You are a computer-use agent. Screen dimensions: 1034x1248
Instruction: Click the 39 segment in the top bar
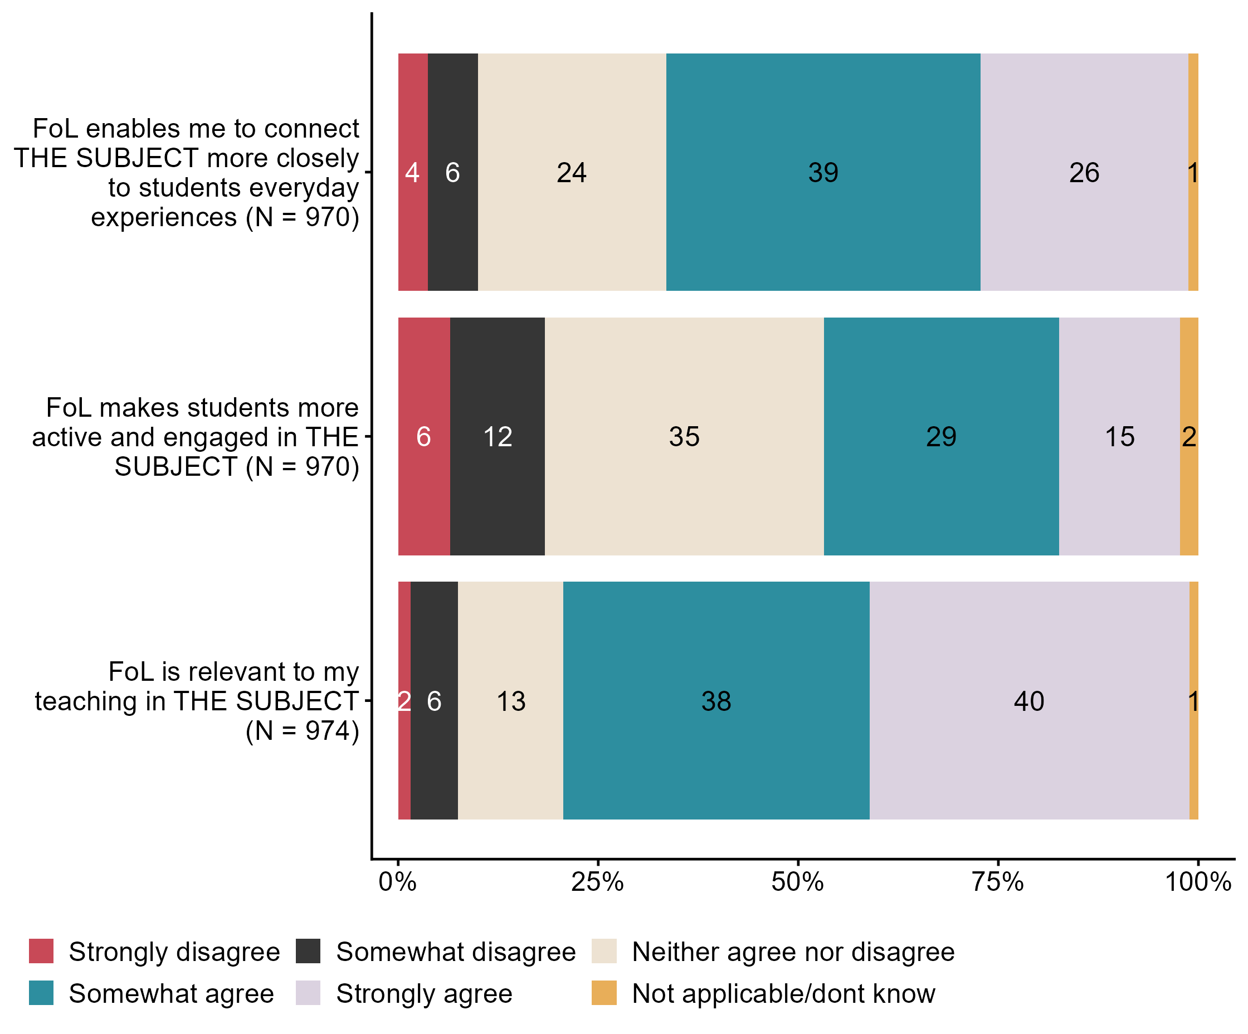823,172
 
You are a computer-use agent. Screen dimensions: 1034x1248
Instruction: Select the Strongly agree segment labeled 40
1029,701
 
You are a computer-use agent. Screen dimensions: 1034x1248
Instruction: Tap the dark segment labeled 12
498,437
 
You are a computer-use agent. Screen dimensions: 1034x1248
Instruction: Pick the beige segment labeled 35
684,437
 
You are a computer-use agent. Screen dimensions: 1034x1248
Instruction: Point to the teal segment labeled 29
942,437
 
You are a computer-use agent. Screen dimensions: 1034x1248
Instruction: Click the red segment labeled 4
412,172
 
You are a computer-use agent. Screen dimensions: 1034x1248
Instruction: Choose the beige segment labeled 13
510,701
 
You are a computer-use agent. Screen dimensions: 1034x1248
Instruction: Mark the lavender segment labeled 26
1084,172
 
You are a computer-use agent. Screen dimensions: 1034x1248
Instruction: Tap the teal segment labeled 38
716,701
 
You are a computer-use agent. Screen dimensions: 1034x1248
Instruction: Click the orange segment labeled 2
1188,437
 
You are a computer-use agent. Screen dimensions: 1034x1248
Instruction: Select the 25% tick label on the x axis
597,882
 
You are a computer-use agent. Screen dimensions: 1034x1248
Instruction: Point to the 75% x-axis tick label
998,882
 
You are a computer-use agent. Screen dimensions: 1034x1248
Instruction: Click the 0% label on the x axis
398,882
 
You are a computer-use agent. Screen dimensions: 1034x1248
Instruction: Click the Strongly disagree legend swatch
41,952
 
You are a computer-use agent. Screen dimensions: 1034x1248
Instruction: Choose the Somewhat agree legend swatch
41,993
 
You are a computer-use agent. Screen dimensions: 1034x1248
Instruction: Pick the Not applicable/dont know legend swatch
604,993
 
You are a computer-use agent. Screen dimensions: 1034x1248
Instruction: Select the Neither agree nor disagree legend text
793,952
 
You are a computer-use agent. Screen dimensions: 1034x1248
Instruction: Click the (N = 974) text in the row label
303,730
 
